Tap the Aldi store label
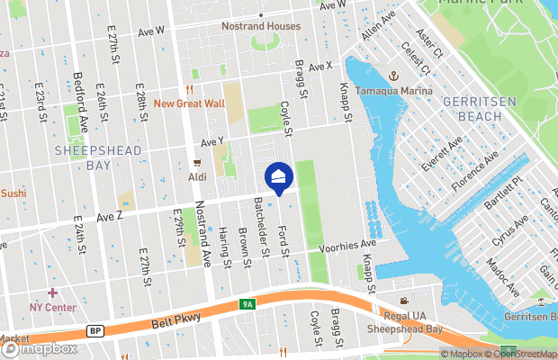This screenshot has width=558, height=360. click(198, 177)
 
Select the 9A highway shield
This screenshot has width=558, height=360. click(247, 304)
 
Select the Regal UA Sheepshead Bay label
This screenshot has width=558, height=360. click(408, 323)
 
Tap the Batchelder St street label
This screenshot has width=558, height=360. click(262, 225)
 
